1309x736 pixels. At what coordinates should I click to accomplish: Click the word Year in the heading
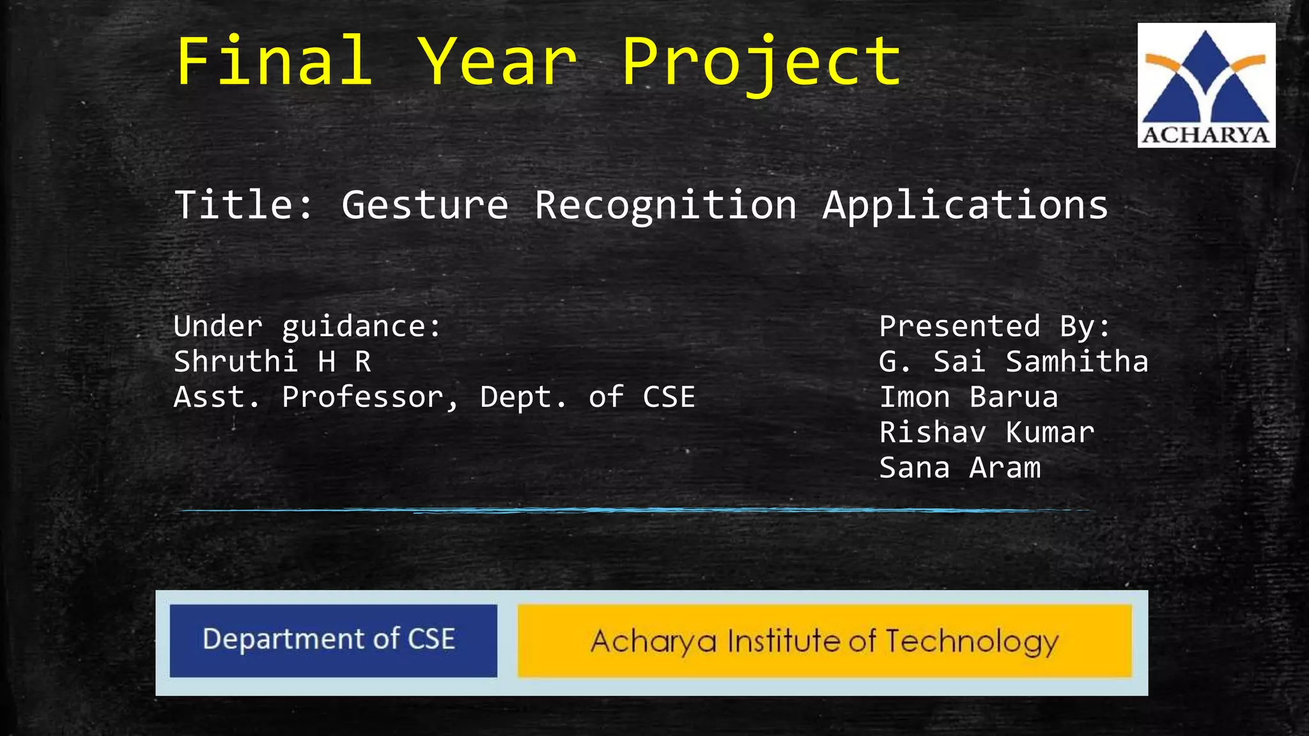499,61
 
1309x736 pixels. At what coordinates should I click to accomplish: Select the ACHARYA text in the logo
1205,135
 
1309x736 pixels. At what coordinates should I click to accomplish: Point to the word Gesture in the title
425,206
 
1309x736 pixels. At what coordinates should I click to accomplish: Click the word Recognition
665,206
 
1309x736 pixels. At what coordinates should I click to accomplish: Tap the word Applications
965,206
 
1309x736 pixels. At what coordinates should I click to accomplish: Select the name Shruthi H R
272,362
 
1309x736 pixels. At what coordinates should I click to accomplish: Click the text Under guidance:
307,327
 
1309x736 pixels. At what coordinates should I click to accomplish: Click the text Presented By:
995,327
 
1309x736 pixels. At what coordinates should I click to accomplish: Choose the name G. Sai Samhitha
1013,362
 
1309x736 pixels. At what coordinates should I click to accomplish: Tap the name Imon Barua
968,397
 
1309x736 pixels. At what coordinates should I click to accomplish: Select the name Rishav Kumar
986,433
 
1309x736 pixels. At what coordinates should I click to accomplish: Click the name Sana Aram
959,468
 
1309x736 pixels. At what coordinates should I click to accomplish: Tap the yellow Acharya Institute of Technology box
825,641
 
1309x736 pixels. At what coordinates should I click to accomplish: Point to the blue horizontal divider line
633,510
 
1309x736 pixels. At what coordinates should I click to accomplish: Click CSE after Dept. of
669,397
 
